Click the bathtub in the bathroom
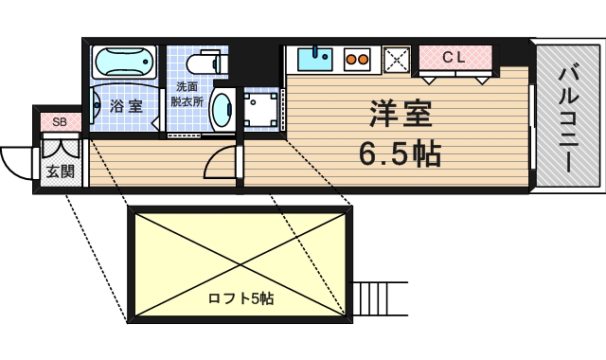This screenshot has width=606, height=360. pyautogui.click(x=125, y=63)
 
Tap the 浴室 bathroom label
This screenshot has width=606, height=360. pyautogui.click(x=125, y=105)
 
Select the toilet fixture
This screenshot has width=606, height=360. pyautogui.click(x=207, y=63)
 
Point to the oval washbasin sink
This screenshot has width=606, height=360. pyautogui.click(x=224, y=110)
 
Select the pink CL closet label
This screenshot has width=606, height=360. pyautogui.click(x=454, y=57)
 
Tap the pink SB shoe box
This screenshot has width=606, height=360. pyautogui.click(x=60, y=121)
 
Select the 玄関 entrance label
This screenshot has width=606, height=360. pyautogui.click(x=60, y=171)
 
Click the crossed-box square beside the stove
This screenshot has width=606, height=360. pyautogui.click(x=395, y=61)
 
